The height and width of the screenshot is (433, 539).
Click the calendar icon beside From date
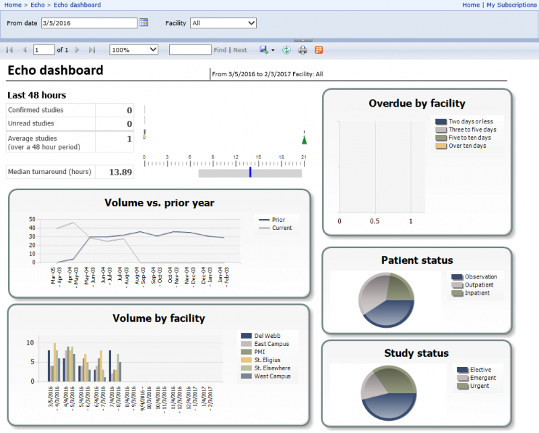(x=144, y=23)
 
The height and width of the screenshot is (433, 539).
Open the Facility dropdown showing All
(x=223, y=23)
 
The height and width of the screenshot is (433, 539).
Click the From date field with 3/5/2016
(x=88, y=23)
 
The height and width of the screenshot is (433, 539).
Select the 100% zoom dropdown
(x=133, y=50)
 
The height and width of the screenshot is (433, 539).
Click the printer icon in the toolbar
(x=303, y=50)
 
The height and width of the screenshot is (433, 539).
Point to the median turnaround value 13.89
(x=120, y=172)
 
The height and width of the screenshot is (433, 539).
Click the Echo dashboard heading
(x=55, y=71)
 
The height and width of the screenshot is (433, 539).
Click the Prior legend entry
(x=278, y=220)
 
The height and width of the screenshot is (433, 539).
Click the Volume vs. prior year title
(x=159, y=202)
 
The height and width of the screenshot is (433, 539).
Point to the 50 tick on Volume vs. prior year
(x=32, y=219)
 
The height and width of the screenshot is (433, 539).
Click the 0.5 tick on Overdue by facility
(x=375, y=221)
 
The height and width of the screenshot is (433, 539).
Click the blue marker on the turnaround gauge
(x=250, y=173)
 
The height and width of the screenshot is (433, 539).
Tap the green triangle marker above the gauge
(x=304, y=140)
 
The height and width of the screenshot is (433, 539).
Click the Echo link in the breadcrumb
(x=38, y=5)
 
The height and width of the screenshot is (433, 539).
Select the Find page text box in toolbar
(x=189, y=50)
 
